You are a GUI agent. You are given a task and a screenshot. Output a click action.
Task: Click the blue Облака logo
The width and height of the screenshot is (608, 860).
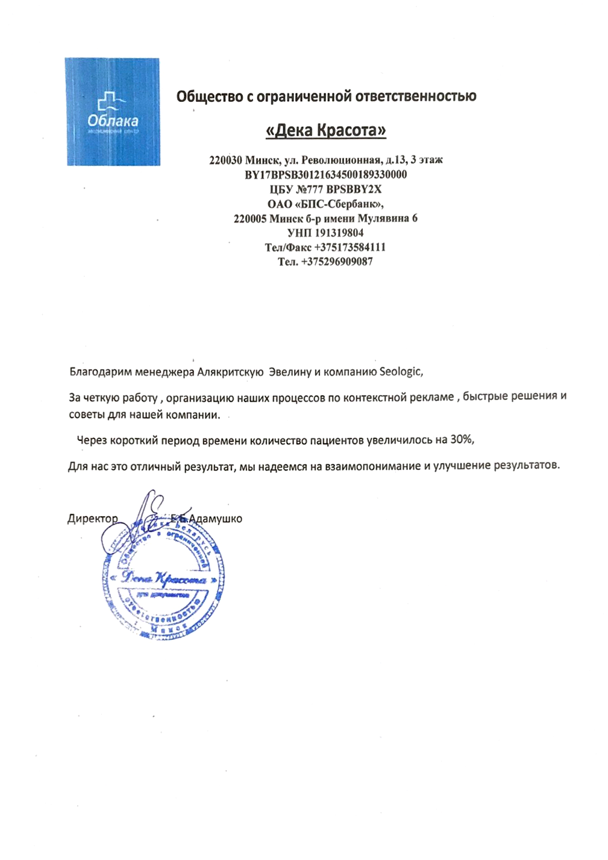pos(113,112)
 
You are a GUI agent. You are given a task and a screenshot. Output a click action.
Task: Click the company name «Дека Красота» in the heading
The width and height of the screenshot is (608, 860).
pos(326,130)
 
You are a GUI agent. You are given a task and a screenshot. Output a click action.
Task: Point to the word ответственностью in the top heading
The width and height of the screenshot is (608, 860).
pos(415,96)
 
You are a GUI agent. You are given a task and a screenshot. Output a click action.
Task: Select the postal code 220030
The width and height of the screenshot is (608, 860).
pos(225,160)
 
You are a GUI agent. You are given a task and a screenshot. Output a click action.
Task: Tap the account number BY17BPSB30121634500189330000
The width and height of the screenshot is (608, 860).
pos(325,175)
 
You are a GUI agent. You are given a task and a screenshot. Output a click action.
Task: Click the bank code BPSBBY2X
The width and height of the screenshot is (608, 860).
pos(354,189)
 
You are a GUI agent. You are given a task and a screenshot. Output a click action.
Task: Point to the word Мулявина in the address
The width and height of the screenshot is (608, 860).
pos(383,218)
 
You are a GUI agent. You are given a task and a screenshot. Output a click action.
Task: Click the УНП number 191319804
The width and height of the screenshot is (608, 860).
pos(339,233)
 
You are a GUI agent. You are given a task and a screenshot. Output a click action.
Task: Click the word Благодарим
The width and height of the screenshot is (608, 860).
pos(101,372)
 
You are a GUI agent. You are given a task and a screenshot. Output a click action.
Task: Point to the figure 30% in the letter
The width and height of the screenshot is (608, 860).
pos(461,440)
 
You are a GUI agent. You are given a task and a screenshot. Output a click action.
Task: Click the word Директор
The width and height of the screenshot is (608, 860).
pos(92,519)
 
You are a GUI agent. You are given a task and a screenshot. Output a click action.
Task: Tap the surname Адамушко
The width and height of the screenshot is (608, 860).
pos(215,519)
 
